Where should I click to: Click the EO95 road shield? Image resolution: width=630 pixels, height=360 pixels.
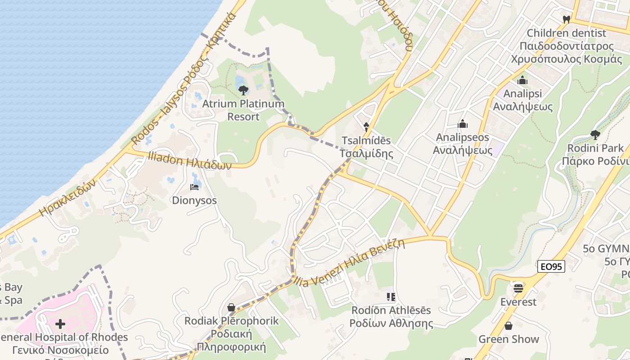tap(551, 266)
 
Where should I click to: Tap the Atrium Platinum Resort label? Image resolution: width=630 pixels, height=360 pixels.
tap(243, 110)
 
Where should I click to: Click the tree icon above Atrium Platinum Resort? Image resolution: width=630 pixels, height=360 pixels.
tap(243, 90)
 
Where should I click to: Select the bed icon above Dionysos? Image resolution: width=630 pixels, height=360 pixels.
tap(194, 187)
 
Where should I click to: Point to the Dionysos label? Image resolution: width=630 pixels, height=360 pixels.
tap(194, 200)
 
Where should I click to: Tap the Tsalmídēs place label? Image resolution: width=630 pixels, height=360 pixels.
tap(366, 147)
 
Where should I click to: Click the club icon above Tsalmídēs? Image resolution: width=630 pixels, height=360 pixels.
tap(366, 127)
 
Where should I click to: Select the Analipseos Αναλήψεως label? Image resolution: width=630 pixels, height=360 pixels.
tap(463, 144)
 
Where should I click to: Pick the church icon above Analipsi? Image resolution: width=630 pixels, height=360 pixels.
tap(522, 81)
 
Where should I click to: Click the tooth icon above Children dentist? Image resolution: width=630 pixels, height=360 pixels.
tap(567, 20)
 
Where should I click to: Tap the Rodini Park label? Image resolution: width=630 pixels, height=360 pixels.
tap(595, 154)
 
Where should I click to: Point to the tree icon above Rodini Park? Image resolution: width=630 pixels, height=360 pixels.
tap(595, 135)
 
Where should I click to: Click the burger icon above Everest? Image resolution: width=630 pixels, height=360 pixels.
tap(518, 288)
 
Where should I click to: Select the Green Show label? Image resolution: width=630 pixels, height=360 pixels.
tap(508, 339)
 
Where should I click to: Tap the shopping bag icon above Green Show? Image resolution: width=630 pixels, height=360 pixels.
tap(508, 325)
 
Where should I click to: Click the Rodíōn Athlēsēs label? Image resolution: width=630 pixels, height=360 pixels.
tap(391, 317)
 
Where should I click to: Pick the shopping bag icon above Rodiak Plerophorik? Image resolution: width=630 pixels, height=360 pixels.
tap(231, 307)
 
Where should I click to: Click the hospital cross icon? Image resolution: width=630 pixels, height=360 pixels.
tap(60, 324)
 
